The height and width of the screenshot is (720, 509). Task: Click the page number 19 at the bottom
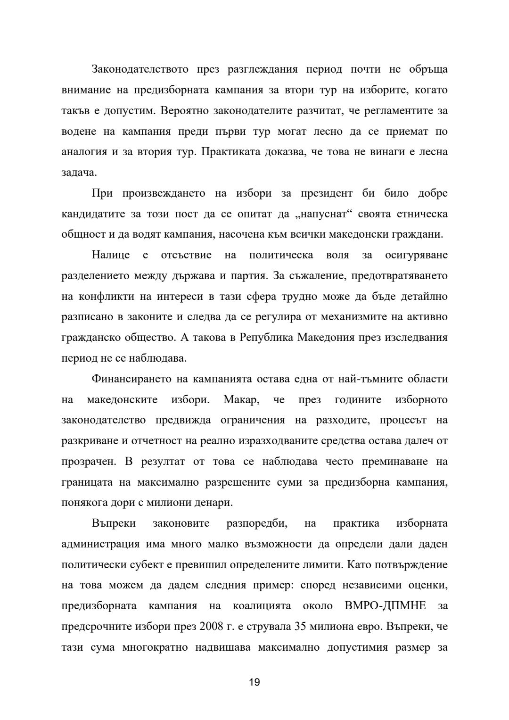(x=254, y=682)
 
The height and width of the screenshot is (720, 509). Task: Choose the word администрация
(x=100, y=544)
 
